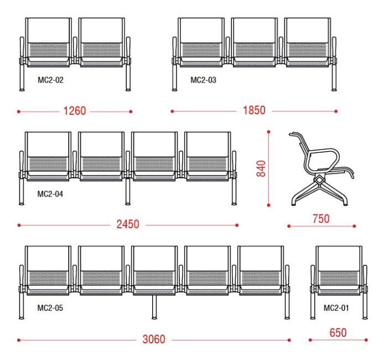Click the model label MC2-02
pos(50,80)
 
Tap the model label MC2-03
pos(203,80)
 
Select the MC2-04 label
pos(50,194)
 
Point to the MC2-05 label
pos(50,308)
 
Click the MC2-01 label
pos(336,308)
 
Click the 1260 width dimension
pos(75,111)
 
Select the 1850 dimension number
pos(254,110)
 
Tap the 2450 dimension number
pos(128,224)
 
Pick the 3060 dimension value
pos(154,340)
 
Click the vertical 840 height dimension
pos(261,168)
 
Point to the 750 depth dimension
pos(321,219)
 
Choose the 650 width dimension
pos(338,333)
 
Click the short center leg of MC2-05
pos(154,307)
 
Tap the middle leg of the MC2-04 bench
pos(128,192)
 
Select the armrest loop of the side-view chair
pos(323,161)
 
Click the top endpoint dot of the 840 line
pos(269,132)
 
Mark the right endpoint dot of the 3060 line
pos(289,340)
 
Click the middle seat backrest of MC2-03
pos(254,30)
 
